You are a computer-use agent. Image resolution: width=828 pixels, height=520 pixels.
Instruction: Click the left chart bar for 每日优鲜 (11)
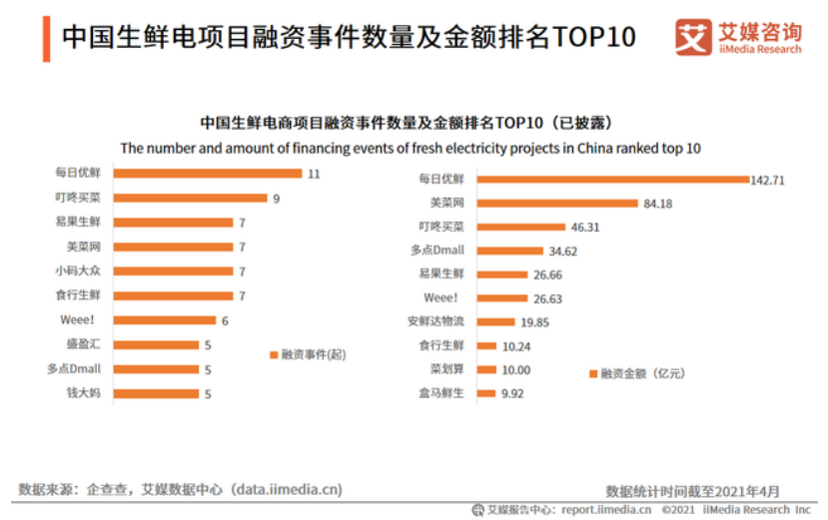click(x=208, y=173)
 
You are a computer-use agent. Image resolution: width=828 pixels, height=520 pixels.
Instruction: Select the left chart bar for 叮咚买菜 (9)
click(x=191, y=198)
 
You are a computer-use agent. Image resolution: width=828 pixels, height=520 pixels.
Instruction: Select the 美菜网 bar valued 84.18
click(x=556, y=204)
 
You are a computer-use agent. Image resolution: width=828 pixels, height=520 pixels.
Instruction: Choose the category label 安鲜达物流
click(x=438, y=321)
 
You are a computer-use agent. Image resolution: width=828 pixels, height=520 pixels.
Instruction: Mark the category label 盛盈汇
click(x=83, y=344)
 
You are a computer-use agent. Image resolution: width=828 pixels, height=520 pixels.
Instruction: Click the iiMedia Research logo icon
click(x=692, y=37)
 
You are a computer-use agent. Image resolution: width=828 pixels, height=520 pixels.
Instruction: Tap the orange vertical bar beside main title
click(x=46, y=38)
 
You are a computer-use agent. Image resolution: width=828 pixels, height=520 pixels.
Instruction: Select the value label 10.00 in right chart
click(x=515, y=369)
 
